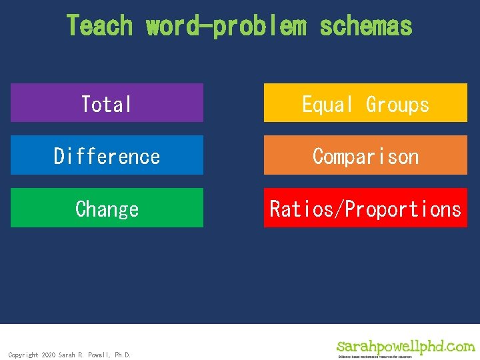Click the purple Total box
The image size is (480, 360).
(107, 103)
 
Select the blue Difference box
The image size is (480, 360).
(107, 155)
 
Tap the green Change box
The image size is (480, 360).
(107, 208)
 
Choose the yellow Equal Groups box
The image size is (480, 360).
(365, 103)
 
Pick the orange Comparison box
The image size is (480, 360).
(365, 155)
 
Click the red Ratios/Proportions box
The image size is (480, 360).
(365, 208)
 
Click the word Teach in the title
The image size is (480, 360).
(100, 26)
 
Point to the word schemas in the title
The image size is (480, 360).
(366, 26)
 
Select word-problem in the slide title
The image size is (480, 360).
(227, 26)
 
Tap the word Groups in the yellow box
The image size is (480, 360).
(397, 104)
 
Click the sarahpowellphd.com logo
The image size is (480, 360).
(405, 346)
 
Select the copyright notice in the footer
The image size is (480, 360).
(69, 355)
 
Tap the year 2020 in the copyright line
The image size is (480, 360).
(48, 355)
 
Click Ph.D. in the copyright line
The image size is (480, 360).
(123, 355)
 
